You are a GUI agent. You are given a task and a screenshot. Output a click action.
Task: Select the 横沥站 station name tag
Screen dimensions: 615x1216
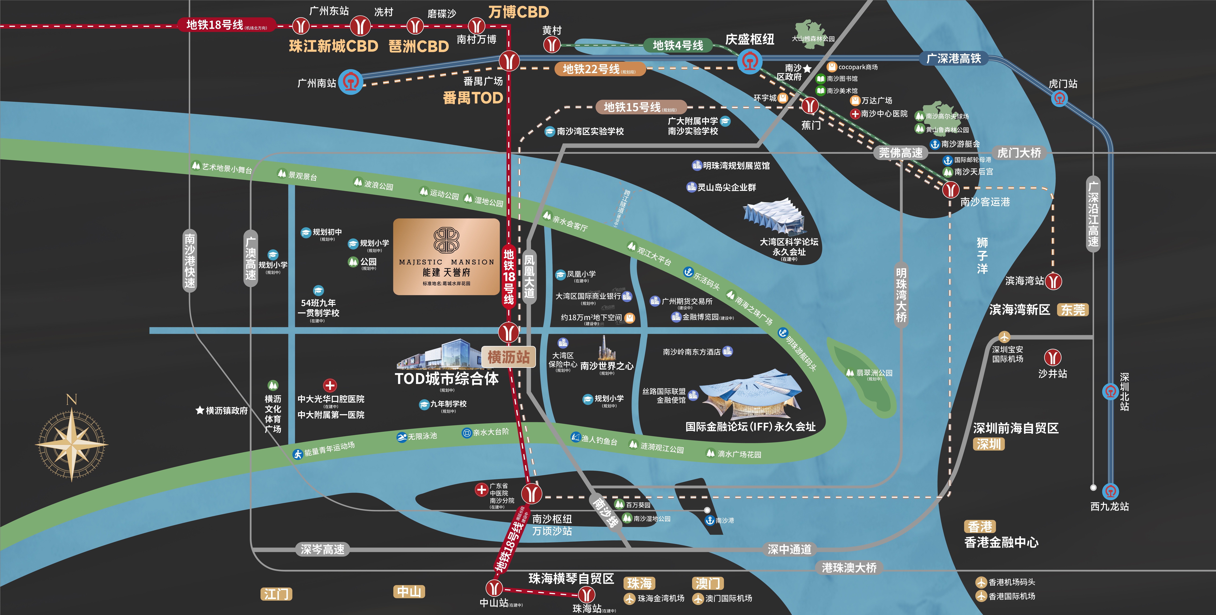click(x=508, y=357)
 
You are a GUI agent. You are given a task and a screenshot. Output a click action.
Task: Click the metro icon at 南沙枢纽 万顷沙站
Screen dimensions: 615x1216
click(x=531, y=493)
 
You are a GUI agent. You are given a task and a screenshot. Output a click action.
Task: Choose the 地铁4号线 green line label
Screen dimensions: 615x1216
click(x=678, y=45)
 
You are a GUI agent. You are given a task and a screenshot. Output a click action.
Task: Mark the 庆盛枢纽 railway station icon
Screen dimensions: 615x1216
click(x=749, y=61)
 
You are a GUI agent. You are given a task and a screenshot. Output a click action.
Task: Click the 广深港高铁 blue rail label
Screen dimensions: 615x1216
click(x=954, y=58)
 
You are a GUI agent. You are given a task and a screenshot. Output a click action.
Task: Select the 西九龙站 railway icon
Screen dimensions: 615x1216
click(x=1110, y=491)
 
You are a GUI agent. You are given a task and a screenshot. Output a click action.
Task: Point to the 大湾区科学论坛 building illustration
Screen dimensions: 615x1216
click(x=774, y=217)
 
